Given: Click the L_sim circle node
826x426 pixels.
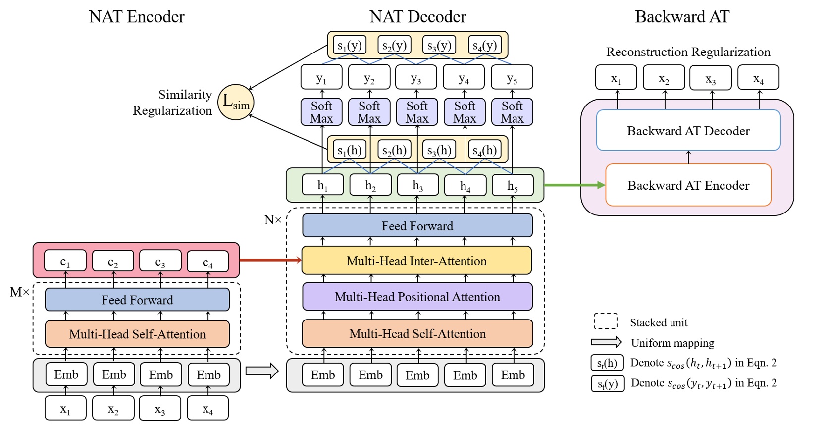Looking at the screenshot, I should [x=236, y=102].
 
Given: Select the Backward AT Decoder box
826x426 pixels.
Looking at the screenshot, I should [x=688, y=130].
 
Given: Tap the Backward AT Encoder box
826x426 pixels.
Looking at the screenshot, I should [x=688, y=185].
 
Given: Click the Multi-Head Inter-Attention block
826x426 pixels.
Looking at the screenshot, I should [x=416, y=261].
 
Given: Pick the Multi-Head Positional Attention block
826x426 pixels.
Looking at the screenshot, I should [x=417, y=297].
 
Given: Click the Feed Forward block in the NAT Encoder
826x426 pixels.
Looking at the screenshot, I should [x=137, y=300].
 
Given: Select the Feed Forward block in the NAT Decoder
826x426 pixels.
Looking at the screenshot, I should [x=417, y=226].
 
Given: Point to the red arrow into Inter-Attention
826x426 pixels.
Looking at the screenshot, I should [x=270, y=260].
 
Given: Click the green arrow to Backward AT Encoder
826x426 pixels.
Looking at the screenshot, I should [x=574, y=185].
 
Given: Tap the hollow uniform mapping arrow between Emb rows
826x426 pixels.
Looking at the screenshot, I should [x=262, y=371].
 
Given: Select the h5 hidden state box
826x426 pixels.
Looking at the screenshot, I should [x=513, y=185].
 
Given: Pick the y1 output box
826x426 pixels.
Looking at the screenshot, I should [x=321, y=77].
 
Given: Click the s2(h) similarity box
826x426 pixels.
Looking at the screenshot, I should [x=394, y=150].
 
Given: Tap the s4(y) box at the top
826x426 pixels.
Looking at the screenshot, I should [x=484, y=45].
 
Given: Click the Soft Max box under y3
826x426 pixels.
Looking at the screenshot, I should [x=417, y=112].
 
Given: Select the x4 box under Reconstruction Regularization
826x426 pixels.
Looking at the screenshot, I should [x=758, y=78].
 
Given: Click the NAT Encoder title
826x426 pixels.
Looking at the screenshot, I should [x=137, y=17].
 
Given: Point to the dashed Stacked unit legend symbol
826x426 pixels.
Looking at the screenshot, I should [x=606, y=321].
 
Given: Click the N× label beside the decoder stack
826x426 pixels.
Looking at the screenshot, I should [x=272, y=220].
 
